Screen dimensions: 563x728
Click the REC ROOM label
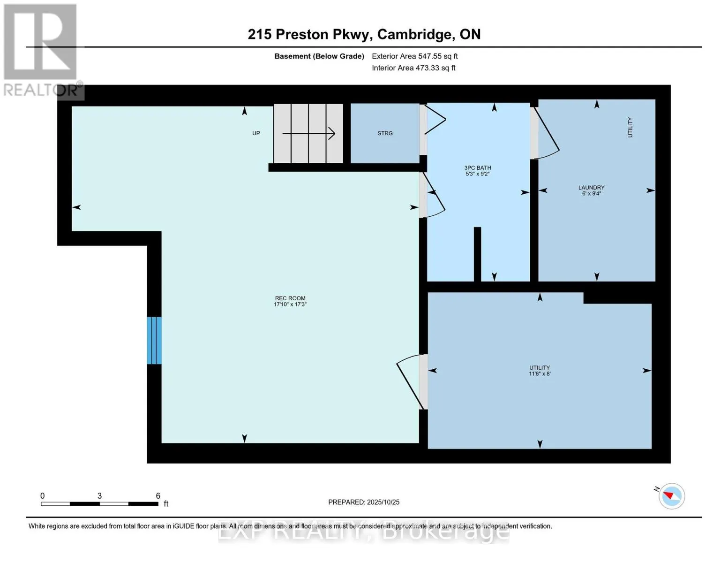290,298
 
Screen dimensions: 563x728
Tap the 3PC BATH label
477,167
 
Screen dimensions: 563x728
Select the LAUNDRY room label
591,187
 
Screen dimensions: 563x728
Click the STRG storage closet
385,133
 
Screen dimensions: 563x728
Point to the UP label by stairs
256,133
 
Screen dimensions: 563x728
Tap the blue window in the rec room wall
154,341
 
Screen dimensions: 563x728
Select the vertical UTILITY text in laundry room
630,127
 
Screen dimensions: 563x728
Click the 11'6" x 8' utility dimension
540,374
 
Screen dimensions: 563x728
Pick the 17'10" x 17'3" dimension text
290,304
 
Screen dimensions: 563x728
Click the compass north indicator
671,496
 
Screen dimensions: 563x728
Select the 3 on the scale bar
99,496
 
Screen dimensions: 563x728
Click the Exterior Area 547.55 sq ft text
414,56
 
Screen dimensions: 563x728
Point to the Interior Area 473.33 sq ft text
413,68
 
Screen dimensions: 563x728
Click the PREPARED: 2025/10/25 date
364,502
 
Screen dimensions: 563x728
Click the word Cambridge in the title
415,34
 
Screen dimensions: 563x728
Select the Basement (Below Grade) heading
319,56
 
